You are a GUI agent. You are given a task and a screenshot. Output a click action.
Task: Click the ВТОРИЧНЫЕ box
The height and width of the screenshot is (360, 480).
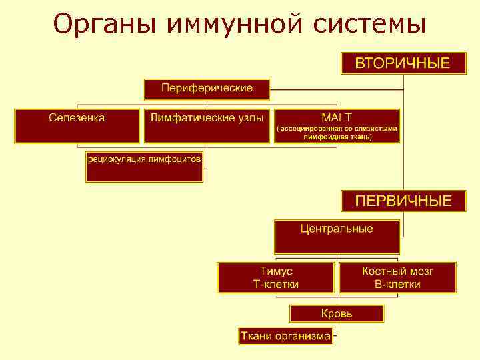[x=402, y=64]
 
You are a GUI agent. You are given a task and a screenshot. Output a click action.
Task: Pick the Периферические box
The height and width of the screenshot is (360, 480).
[x=207, y=88]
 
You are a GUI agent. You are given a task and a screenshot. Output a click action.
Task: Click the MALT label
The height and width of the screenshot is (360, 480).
[x=336, y=117]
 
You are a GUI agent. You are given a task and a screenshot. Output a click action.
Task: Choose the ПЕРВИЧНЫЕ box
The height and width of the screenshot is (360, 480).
[x=402, y=201]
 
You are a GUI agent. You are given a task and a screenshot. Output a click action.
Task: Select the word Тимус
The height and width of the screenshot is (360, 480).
[x=275, y=271]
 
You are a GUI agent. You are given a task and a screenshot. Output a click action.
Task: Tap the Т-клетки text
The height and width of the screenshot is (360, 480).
[x=275, y=284]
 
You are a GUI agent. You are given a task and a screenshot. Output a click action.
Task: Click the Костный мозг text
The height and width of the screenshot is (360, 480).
[x=397, y=271]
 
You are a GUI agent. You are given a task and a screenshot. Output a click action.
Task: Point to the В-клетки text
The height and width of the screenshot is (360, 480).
[x=397, y=284]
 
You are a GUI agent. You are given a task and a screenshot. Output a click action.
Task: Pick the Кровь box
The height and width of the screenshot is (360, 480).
[x=337, y=313]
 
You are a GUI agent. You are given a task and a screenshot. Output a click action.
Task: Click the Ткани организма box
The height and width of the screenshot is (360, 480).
[x=285, y=336]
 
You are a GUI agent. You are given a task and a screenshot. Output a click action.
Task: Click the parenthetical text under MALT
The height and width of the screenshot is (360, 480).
[x=337, y=132]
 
